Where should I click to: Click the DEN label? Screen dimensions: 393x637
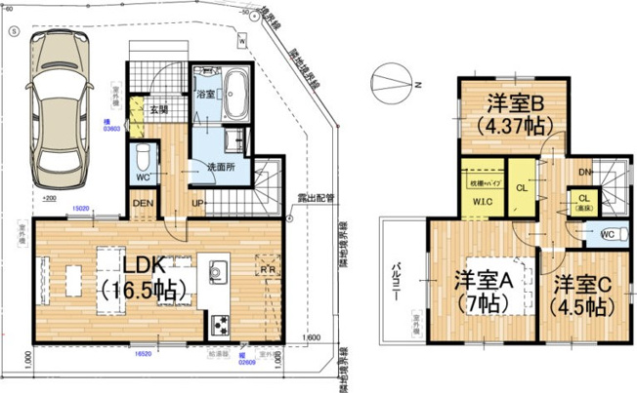tap(144, 203)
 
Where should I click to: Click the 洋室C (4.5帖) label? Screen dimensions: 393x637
tap(584, 295)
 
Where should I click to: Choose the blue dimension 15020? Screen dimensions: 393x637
tap(80, 208)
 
